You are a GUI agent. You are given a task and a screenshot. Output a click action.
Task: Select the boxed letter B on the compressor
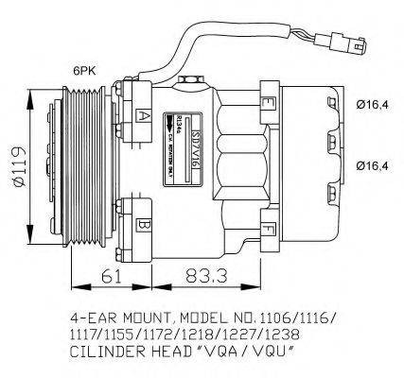142,226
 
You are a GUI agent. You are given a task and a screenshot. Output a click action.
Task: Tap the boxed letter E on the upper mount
271,100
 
